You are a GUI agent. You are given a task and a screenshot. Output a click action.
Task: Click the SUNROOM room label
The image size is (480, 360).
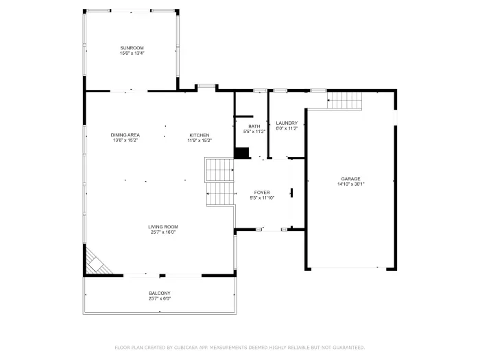point(132,48)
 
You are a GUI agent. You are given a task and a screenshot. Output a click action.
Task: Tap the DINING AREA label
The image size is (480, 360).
point(125,135)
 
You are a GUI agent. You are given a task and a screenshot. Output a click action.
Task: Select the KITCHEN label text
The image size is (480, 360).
point(200,135)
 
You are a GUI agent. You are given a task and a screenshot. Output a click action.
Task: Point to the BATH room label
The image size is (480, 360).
point(254,126)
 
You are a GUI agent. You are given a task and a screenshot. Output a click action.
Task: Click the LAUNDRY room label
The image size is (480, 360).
point(286,123)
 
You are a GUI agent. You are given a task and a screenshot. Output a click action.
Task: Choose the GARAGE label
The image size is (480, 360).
point(350,179)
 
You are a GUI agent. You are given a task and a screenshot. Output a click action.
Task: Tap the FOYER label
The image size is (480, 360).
point(262,193)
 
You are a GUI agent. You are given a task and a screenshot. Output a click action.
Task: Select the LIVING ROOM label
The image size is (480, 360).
point(163,227)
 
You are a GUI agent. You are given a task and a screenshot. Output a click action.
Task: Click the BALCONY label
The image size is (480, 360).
point(160,293)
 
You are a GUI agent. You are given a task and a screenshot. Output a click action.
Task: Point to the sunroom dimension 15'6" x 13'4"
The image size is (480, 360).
point(132,53)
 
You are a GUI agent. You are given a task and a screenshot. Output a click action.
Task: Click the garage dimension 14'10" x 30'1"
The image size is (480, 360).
point(350,184)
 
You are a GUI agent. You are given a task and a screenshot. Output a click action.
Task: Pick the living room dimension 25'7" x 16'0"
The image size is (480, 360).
point(163,232)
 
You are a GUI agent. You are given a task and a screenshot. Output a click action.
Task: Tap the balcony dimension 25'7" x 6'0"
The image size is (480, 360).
point(160,299)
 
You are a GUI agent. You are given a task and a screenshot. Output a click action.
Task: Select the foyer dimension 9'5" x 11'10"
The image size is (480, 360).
point(262,198)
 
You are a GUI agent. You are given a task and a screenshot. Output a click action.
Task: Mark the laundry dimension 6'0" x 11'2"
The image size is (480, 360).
point(286,129)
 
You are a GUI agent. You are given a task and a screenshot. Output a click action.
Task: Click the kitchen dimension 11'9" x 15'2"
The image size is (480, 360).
point(200,141)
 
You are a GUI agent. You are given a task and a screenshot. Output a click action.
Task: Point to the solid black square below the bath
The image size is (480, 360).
point(241,153)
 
